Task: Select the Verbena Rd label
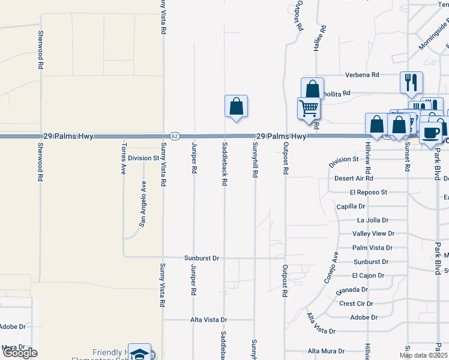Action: pos(362,75)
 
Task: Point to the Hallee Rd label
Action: pos(323,38)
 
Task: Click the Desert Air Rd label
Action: pos(354,178)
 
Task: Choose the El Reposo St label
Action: pos(369,192)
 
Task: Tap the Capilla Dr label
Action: pos(351,206)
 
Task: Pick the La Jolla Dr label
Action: pos(373,220)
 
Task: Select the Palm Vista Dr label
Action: pos(372,247)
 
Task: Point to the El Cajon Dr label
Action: pos(368,275)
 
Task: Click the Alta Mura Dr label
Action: pos(326,351)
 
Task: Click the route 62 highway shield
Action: pos(174,136)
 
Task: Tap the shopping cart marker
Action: pos(309,109)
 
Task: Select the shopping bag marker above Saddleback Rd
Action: pos(237,106)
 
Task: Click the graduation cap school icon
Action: pos(140,354)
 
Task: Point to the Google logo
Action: pos(19,353)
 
